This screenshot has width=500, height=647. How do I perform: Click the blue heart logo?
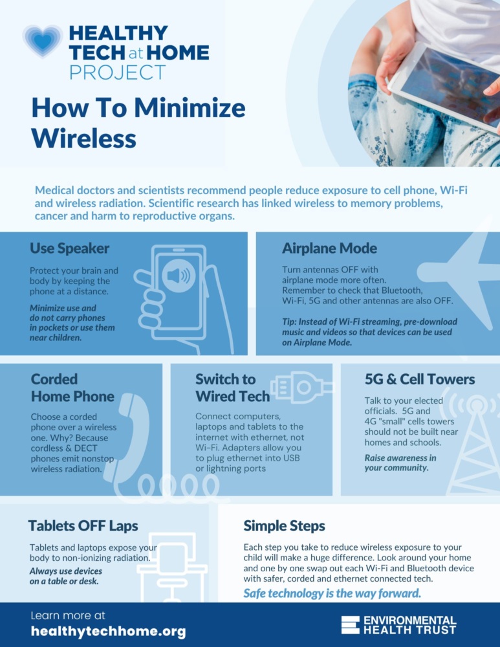(x=43, y=41)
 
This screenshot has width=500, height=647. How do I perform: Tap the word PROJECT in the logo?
(x=118, y=72)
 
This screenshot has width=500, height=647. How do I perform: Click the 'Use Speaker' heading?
(x=69, y=248)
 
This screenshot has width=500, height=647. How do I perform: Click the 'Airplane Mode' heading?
(x=329, y=248)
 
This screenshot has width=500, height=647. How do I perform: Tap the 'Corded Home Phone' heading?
(x=72, y=388)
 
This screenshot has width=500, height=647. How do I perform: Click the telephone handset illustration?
(x=128, y=437)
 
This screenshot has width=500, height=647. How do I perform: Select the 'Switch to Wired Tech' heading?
(x=233, y=388)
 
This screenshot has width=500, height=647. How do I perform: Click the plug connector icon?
(x=302, y=387)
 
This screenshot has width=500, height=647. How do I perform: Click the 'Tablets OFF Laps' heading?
(x=83, y=525)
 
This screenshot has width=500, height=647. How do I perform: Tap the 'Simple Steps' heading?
(x=284, y=525)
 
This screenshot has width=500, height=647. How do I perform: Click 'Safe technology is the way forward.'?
(x=332, y=593)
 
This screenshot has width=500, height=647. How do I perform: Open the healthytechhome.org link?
(x=108, y=631)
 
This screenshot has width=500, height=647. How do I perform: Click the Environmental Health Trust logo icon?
(x=350, y=625)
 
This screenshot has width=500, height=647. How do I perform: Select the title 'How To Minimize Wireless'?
(x=138, y=122)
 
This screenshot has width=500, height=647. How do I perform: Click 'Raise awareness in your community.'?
(x=400, y=463)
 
